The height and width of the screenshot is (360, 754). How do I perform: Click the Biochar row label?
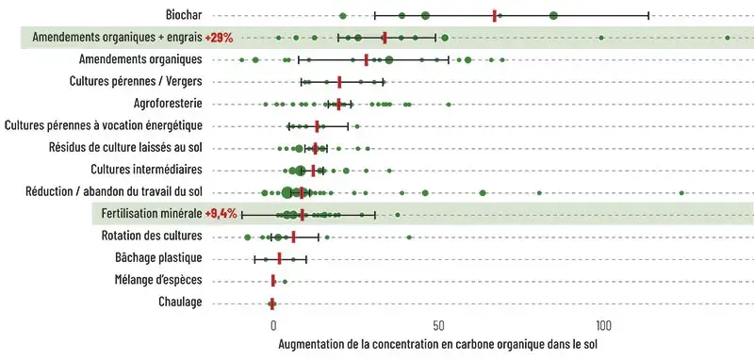click(179, 15)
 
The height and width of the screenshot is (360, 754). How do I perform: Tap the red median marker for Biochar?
click(494, 15)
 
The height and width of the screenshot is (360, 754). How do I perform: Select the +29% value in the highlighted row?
click(218, 38)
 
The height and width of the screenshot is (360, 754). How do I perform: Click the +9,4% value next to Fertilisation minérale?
click(220, 214)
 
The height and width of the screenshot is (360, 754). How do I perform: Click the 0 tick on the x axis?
click(272, 325)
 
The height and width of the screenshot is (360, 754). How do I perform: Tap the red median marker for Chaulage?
click(272, 303)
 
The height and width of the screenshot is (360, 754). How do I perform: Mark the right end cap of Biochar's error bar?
click(648, 15)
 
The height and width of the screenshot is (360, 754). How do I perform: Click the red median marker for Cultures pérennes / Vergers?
click(339, 82)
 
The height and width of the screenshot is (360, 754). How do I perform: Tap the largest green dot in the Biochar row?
click(553, 15)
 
